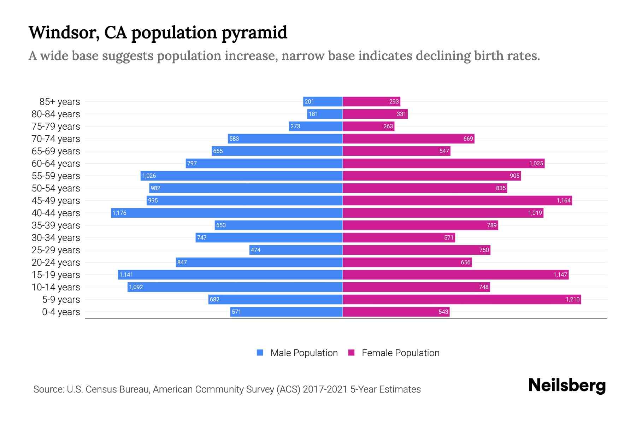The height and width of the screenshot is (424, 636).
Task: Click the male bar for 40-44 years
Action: pyautogui.click(x=227, y=213)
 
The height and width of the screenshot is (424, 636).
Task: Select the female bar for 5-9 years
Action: pyautogui.click(x=461, y=299)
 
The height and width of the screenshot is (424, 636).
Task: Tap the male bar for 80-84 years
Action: pyautogui.click(x=325, y=114)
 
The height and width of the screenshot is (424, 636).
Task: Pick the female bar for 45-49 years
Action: pyautogui.click(x=457, y=200)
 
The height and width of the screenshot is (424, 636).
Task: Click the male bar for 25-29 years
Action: pyautogui.click(x=296, y=250)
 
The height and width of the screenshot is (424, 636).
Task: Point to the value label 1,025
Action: pyautogui.click(x=536, y=163)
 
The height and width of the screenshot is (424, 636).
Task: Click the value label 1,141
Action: pyautogui.click(x=126, y=275)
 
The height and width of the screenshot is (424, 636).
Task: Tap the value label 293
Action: pyautogui.click(x=394, y=101)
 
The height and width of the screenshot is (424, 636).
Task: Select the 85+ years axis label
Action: pyautogui.click(x=60, y=102)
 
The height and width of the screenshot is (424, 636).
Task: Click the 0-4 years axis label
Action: pyautogui.click(x=61, y=312)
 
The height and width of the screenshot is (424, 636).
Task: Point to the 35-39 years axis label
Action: pyautogui.click(x=56, y=225)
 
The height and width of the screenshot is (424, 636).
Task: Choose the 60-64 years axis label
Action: pyautogui.click(x=56, y=164)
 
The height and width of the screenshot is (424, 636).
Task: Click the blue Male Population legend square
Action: pyautogui.click(x=260, y=353)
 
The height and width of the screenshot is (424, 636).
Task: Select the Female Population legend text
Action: pyautogui.click(x=400, y=353)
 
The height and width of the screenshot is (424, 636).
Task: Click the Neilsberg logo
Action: pyautogui.click(x=567, y=385)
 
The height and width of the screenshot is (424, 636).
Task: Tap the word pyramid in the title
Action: pyautogui.click(x=254, y=33)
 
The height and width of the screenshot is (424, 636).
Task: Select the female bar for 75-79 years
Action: pyautogui.click(x=369, y=126)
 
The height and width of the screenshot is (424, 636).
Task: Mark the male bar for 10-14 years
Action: pyautogui.click(x=235, y=287)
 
